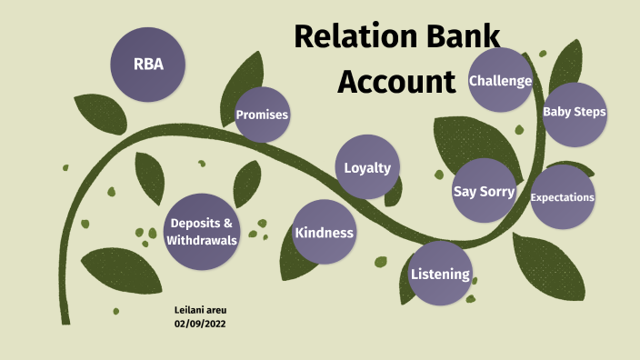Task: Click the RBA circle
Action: pyautogui.click(x=147, y=65)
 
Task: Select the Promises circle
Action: pyautogui.click(x=262, y=115)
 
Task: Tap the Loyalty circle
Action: pyautogui.click(x=367, y=167)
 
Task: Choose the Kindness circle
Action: pyautogui.click(x=324, y=233)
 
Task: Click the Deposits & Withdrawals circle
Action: pyautogui.click(x=202, y=232)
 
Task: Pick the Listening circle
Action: pyautogui.click(x=440, y=274)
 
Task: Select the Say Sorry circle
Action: pyautogui.click(x=484, y=192)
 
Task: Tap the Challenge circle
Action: pyautogui.click(x=500, y=81)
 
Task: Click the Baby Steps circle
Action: pyautogui.click(x=574, y=112)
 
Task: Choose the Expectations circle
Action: pyautogui.click(x=562, y=197)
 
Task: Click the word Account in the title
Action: pyautogui.click(x=395, y=81)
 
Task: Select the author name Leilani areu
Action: pyautogui.click(x=201, y=311)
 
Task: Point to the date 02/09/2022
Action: pyautogui.click(x=200, y=324)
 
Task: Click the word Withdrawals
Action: pyautogui.click(x=202, y=241)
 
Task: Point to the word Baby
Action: pyautogui.click(x=556, y=112)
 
